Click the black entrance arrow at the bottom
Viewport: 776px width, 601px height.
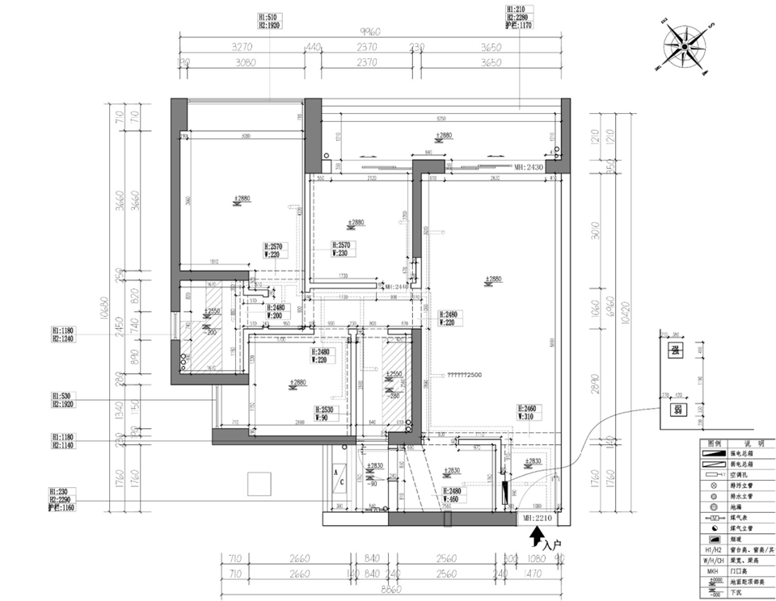click(534, 536)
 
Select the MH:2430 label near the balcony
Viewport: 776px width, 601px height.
click(529, 167)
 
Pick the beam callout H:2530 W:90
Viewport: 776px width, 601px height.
click(329, 413)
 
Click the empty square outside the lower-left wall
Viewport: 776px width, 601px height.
click(259, 484)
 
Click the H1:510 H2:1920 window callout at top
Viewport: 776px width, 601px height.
click(268, 20)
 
